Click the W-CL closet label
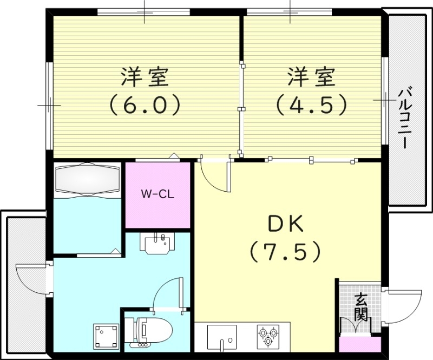click(158, 194)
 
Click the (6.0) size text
click(145, 104)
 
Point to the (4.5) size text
click(311, 104)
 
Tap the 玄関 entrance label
click(361, 307)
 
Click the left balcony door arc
click(30, 279)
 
